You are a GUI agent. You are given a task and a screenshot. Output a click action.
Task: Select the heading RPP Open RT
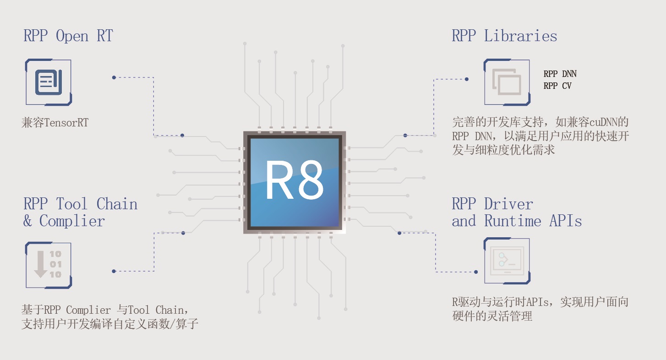(x=68, y=36)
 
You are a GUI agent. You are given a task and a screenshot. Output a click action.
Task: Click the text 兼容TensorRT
(x=55, y=123)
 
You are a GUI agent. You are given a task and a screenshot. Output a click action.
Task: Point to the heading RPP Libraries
(x=504, y=36)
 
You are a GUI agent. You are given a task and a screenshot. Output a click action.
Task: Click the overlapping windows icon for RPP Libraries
(x=507, y=82)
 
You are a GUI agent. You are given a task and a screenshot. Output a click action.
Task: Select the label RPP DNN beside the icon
(x=560, y=74)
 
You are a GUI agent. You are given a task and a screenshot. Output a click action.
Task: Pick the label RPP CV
(x=557, y=86)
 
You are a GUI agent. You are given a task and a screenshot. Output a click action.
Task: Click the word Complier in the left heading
(x=72, y=221)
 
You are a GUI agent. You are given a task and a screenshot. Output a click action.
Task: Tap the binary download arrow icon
(x=48, y=265)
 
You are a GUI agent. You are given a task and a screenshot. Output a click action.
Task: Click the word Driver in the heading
(x=508, y=204)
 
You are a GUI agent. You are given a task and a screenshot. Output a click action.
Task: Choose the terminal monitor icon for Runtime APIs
(x=507, y=260)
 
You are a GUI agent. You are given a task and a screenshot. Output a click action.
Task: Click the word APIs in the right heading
(x=565, y=221)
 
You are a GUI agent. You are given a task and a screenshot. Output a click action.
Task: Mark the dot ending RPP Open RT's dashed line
(x=114, y=77)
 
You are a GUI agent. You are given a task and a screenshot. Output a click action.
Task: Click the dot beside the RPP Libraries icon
(x=466, y=79)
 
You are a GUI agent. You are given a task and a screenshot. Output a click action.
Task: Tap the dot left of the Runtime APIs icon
(x=476, y=272)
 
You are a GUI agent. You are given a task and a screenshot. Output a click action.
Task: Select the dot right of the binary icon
(x=114, y=271)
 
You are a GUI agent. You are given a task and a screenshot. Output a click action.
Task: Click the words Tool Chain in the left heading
(x=97, y=204)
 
